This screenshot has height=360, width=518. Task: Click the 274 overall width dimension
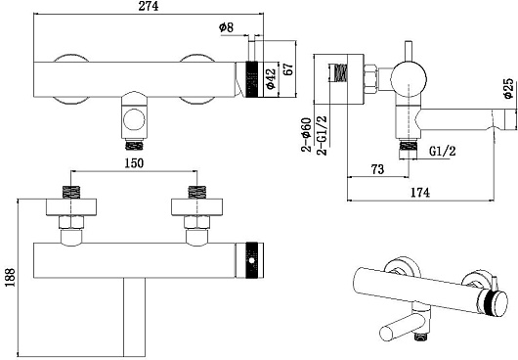(149, 6)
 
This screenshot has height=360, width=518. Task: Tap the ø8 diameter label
(226, 27)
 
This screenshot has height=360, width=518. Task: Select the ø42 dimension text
(271, 79)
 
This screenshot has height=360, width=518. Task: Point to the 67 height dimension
(288, 68)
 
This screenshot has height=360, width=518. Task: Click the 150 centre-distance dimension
(134, 163)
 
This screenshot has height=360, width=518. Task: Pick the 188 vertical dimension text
(10, 277)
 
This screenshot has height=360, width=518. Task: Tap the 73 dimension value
(377, 169)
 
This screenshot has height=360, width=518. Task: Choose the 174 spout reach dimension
(420, 193)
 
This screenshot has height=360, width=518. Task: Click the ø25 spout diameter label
(508, 88)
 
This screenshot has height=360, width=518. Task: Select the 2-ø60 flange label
(306, 134)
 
